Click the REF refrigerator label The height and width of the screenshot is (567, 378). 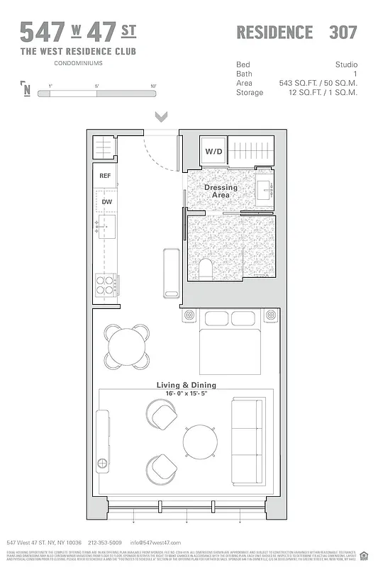point(105,176)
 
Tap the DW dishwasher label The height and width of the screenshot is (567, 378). point(106,202)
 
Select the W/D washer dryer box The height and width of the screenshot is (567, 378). point(214,152)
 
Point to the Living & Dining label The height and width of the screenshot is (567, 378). point(187,386)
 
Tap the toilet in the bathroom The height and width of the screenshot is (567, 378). point(206,268)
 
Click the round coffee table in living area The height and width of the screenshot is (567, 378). point(199,441)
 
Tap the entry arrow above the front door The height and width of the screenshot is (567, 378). point(161,117)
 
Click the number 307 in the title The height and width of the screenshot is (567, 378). point(343,33)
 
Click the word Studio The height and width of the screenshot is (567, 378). point(346,64)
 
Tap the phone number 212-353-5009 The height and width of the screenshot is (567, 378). point(104,542)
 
